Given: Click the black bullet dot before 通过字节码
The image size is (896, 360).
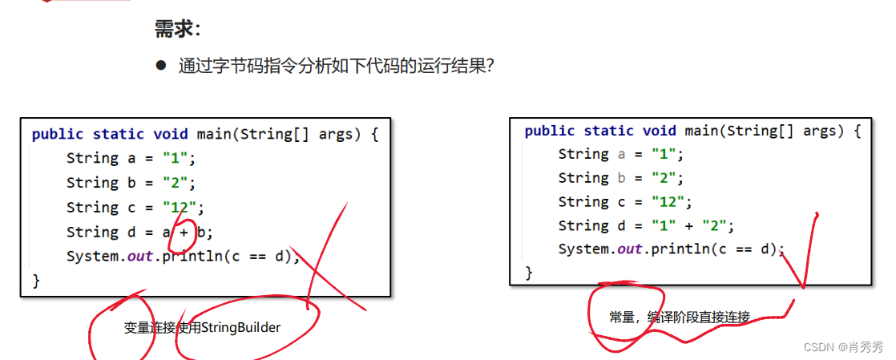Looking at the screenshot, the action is (160, 65).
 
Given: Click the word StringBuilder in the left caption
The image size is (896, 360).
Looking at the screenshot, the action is (240, 327).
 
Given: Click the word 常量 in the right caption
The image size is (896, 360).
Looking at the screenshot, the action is (623, 318).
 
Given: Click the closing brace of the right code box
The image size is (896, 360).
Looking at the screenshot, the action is (528, 273).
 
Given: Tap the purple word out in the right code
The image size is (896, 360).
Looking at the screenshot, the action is (630, 249).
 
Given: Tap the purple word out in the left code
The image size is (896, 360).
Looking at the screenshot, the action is (140, 257).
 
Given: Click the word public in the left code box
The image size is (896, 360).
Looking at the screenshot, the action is (58, 134).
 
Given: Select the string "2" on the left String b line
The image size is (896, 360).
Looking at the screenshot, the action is (176, 183).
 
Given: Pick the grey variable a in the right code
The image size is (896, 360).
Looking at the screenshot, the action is (621, 154).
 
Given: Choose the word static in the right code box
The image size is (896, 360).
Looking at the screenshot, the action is (609, 131).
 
